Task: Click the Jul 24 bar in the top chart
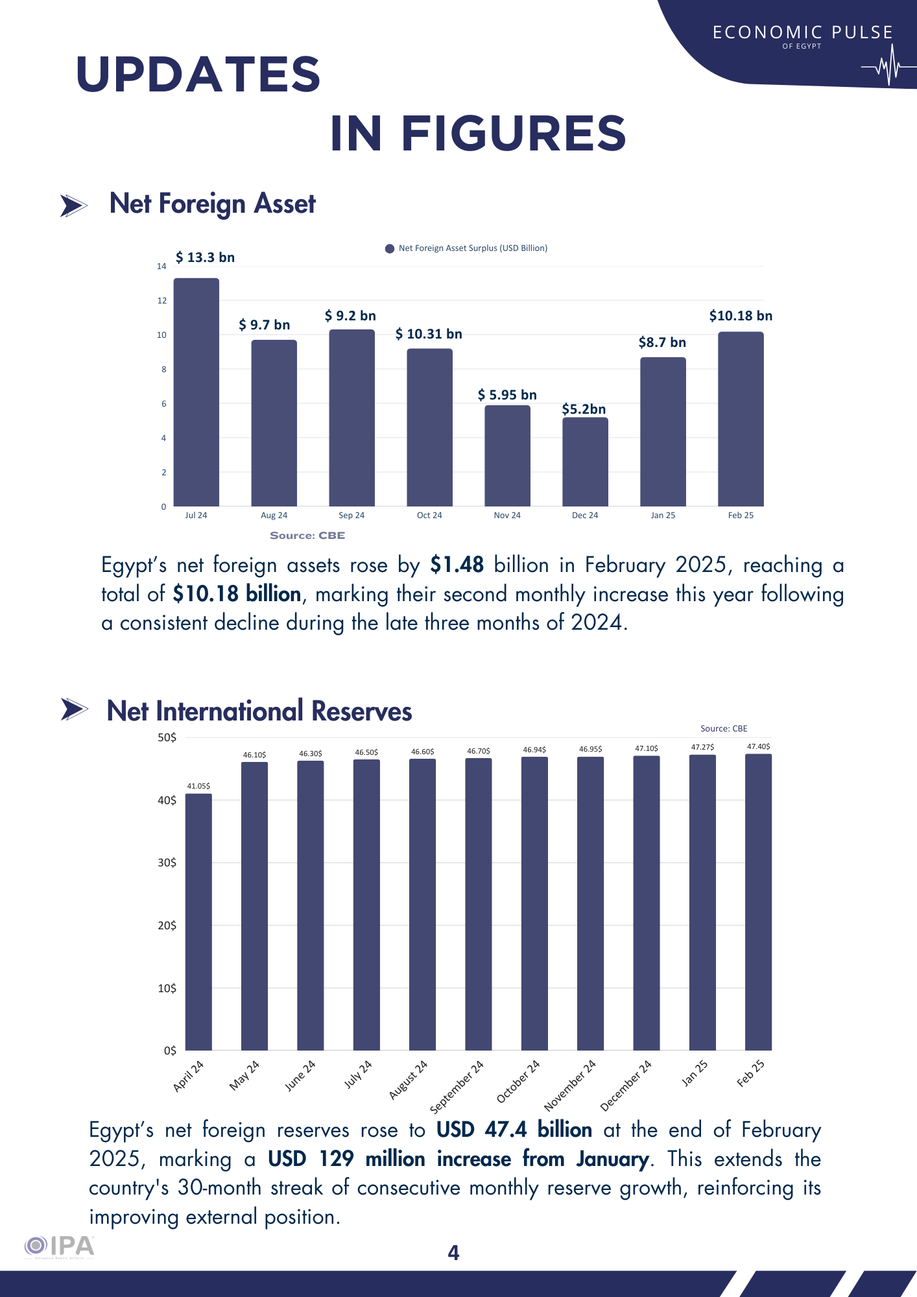tap(196, 392)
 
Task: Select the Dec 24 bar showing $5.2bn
tap(585, 462)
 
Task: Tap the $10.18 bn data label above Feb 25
tap(741, 316)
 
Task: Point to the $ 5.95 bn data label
tap(507, 395)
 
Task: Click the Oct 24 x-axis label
tap(429, 516)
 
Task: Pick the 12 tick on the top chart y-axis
tap(161, 301)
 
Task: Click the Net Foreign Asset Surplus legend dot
tap(390, 248)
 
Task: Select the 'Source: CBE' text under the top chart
tap(307, 536)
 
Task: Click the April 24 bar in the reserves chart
tap(198, 921)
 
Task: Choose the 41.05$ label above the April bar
tap(198, 786)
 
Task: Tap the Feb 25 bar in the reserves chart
tap(758, 901)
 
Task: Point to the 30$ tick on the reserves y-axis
tap(167, 863)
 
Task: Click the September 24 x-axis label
tap(457, 1087)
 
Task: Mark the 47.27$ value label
tap(702, 747)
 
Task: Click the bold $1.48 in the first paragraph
tap(457, 565)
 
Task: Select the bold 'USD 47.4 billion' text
tap(514, 1130)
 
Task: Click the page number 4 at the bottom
tap(454, 1253)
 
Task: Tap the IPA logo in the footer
tap(60, 1246)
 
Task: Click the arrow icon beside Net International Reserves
tap(74, 709)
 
